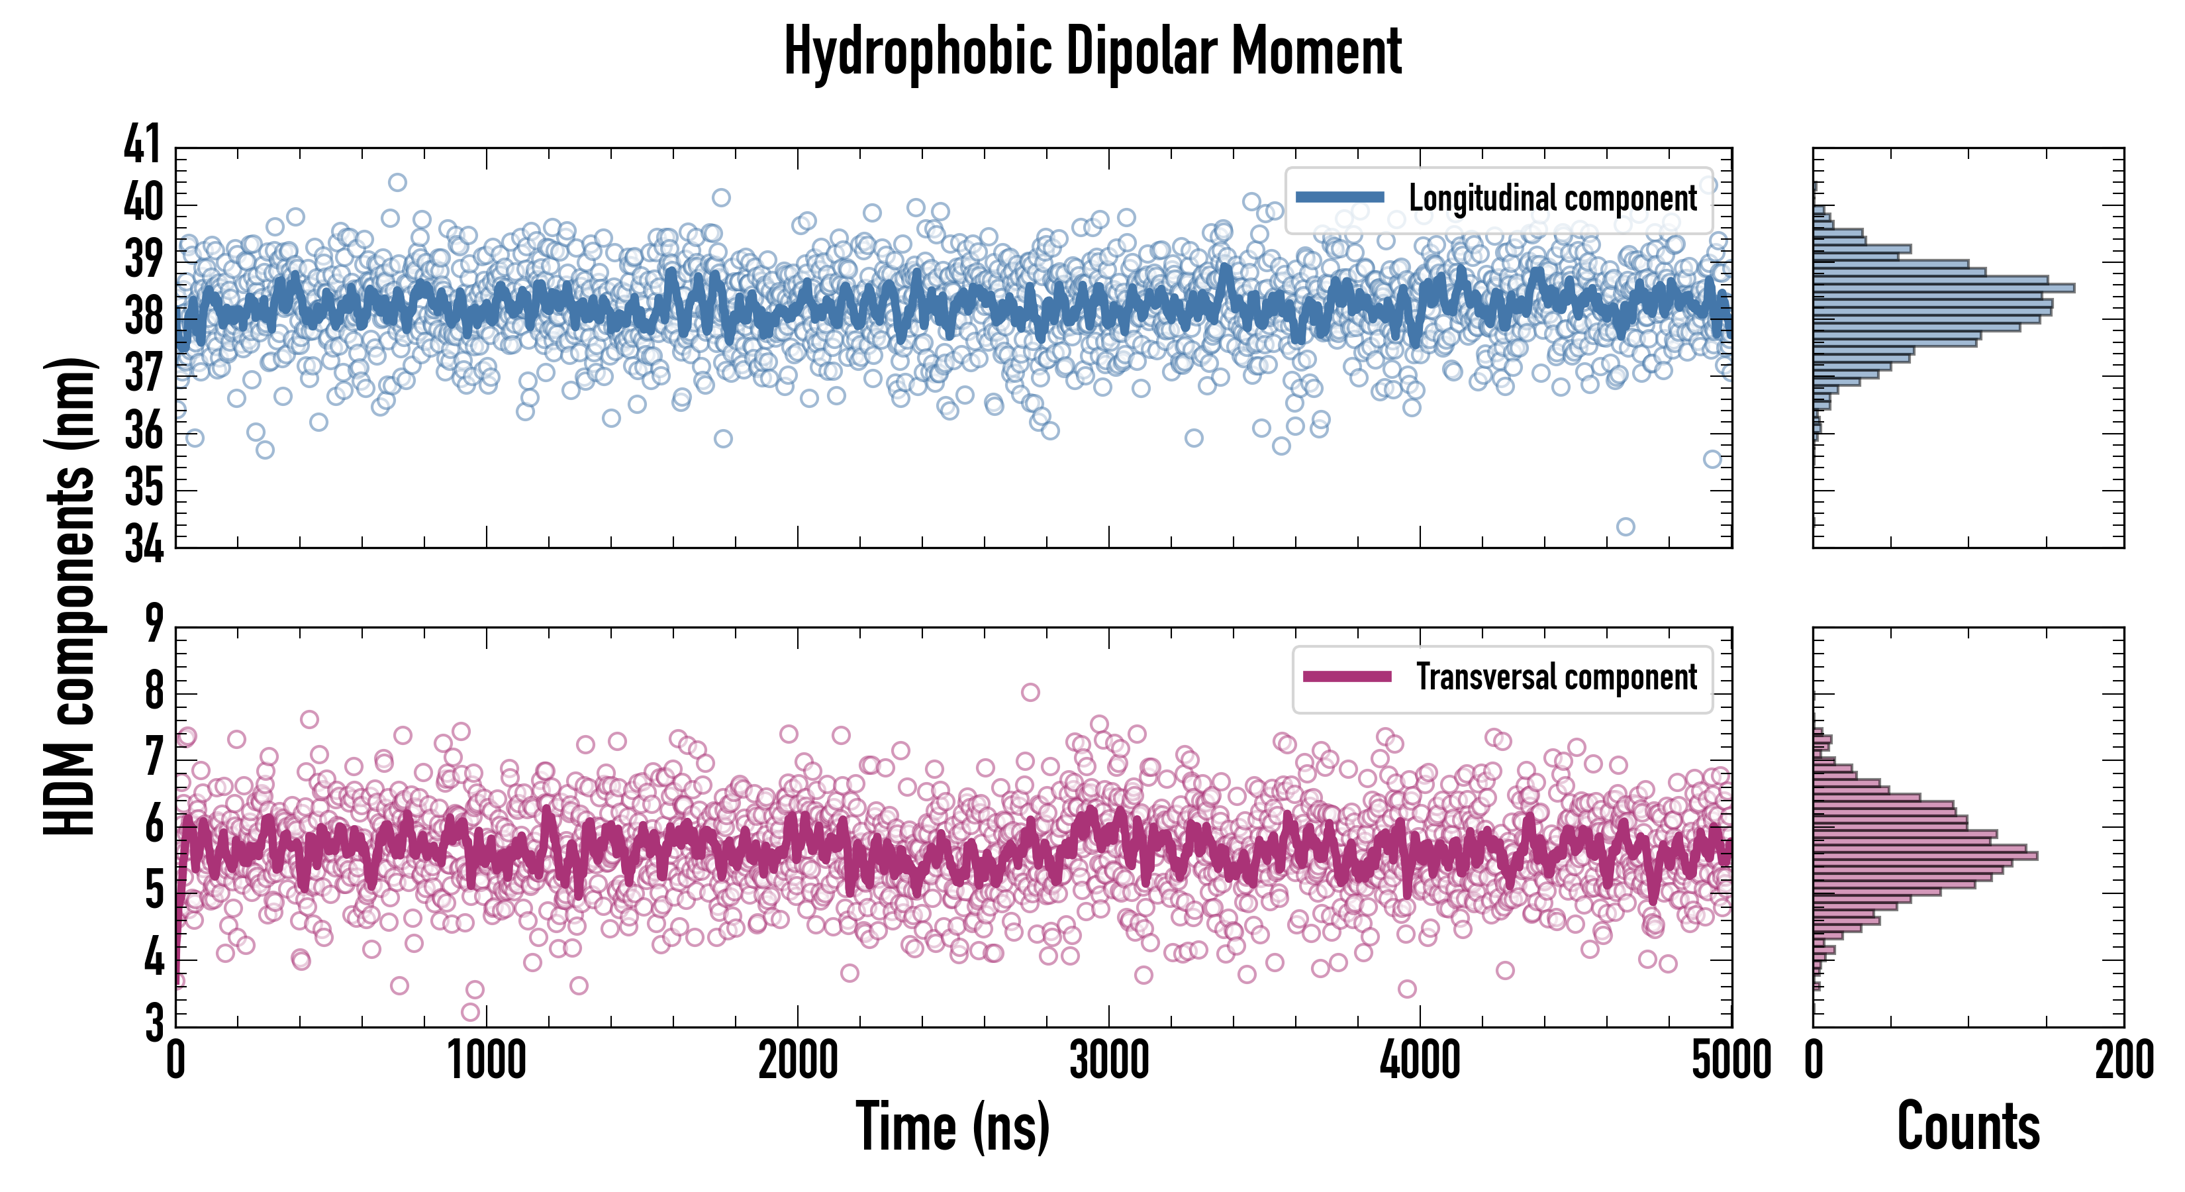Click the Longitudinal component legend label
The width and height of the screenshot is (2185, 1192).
pos(1552,199)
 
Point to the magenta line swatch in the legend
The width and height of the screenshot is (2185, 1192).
pos(1347,677)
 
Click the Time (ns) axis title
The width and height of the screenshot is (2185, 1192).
pos(953,1126)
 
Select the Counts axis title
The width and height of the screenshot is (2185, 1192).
pos(1968,1126)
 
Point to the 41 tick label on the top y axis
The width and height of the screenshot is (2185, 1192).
pos(142,144)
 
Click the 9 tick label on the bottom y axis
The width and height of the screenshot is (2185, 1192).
pos(154,624)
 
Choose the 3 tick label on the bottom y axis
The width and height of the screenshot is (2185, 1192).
pos(154,1023)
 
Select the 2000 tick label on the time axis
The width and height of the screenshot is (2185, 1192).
pos(797,1060)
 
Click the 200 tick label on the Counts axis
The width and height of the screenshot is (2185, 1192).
pos(2124,1060)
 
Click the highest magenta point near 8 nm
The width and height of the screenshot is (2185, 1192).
pos(1030,692)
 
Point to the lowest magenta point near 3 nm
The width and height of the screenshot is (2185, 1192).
pos(470,1011)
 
